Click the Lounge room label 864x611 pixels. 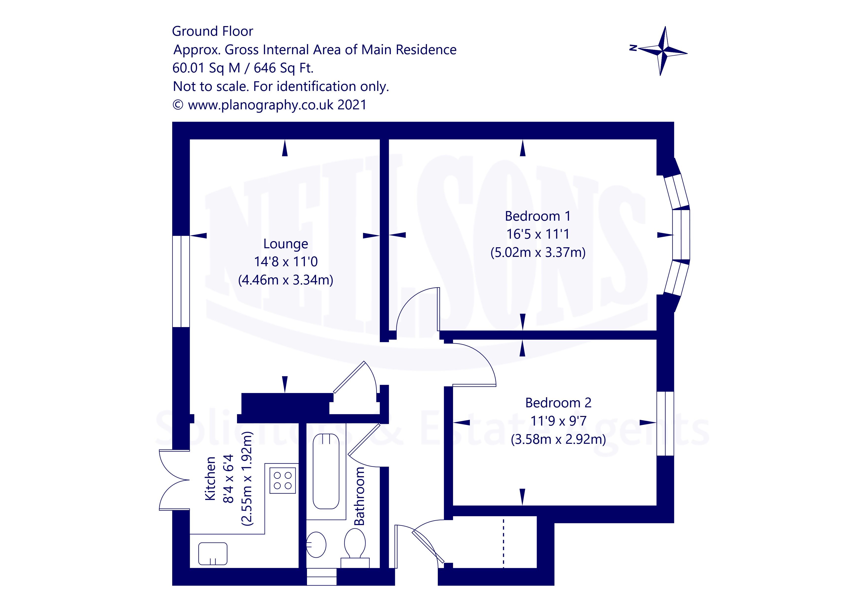[286, 244]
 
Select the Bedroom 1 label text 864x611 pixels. [538, 216]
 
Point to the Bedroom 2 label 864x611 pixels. [559, 403]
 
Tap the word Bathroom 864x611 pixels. [359, 496]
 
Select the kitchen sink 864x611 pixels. [213, 553]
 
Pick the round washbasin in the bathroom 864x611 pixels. [316, 545]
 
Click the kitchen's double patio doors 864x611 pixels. [174, 480]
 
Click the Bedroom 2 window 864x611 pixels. [665, 424]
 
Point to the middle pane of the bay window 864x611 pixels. [681, 235]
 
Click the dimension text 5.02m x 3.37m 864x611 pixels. [538, 252]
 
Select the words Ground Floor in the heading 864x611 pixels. [213, 31]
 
